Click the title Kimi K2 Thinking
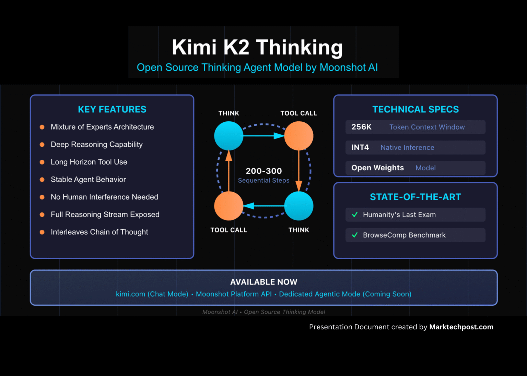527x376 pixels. [x=257, y=47]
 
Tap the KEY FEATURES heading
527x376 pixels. [x=112, y=109]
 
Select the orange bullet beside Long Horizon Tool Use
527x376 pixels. [x=42, y=162]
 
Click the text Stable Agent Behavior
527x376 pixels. [x=88, y=180]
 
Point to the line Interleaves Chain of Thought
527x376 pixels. [x=99, y=232]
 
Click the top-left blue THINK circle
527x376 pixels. [x=229, y=136]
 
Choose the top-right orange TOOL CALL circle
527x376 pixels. [x=298, y=136]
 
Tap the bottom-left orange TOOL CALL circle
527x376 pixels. [x=229, y=206]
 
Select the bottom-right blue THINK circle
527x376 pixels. [x=298, y=206]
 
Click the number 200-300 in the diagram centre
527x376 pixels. [x=263, y=171]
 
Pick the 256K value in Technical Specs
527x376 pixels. [x=361, y=127]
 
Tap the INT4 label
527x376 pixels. [x=360, y=147]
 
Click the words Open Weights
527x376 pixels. [x=377, y=168]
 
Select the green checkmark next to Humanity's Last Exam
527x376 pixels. [x=355, y=215]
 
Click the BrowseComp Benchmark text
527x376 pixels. [x=404, y=235]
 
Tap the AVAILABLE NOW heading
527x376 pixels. [x=263, y=282]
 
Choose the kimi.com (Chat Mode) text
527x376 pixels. [x=152, y=294]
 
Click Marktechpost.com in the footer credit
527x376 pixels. [x=461, y=327]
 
